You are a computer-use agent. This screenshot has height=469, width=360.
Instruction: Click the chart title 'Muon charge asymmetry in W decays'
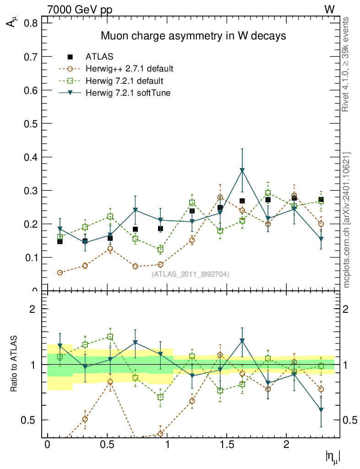193,36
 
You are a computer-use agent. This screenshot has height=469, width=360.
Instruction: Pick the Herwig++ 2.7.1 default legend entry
129,69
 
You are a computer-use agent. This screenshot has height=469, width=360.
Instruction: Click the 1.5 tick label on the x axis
226,445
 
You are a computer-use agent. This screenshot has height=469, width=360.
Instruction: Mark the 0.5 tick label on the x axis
107,445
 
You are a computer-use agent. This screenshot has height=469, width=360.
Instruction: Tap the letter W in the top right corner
329,10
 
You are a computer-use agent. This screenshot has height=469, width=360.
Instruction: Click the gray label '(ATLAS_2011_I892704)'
191,274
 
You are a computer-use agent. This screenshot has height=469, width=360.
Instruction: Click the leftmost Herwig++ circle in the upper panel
60,273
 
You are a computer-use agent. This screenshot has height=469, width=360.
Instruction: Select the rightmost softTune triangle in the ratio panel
321,410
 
